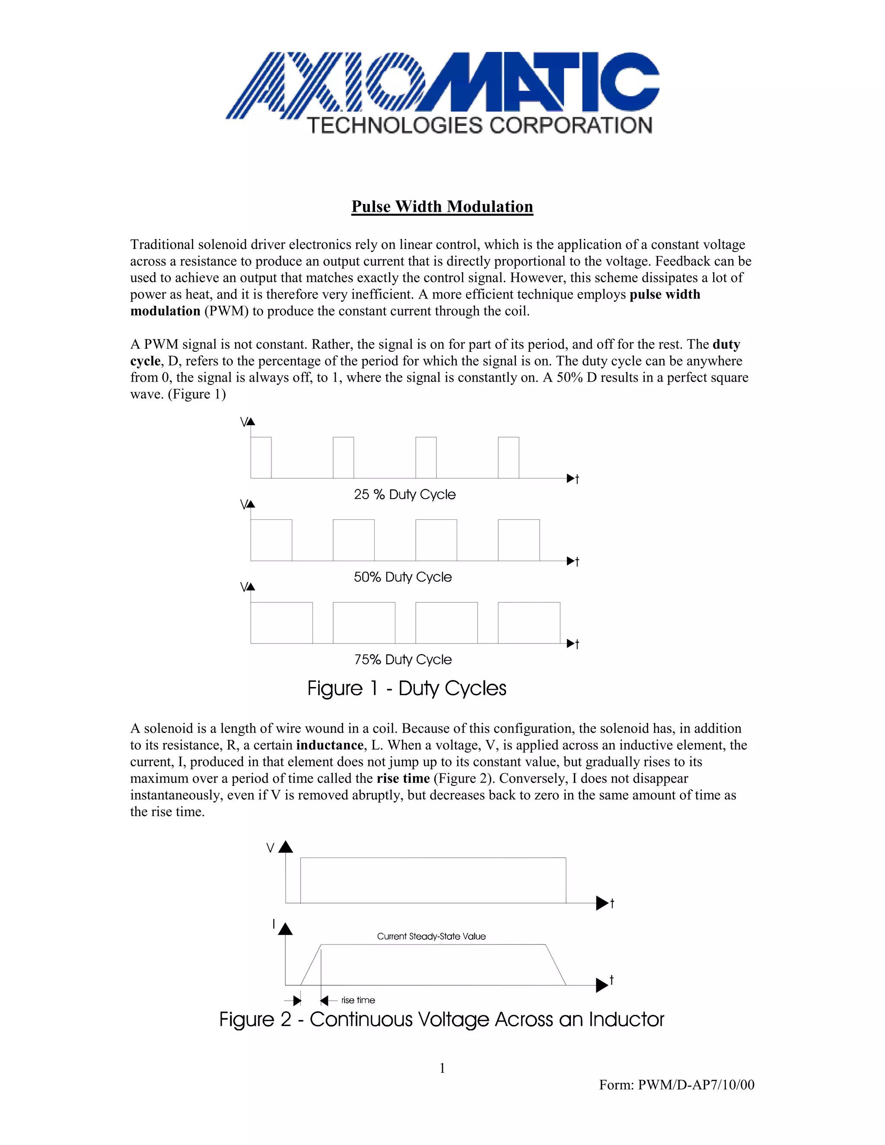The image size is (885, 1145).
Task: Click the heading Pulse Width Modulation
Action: click(x=442, y=207)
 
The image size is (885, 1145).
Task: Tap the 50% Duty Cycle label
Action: click(x=403, y=577)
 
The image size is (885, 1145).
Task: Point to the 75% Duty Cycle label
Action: click(x=403, y=659)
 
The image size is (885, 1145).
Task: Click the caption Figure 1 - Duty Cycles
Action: click(x=407, y=688)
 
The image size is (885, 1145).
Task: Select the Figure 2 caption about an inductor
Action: click(x=442, y=1020)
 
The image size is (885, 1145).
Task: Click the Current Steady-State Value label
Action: click(x=431, y=936)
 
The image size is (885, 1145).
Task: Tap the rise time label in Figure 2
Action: click(x=358, y=1000)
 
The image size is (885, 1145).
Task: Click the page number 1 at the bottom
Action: click(x=442, y=1068)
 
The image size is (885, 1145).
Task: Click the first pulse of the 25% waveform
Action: click(x=261, y=458)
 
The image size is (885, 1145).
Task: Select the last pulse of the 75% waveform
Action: click(x=528, y=623)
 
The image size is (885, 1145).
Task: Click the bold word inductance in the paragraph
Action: click(x=330, y=745)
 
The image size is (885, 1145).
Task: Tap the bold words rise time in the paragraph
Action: click(x=403, y=779)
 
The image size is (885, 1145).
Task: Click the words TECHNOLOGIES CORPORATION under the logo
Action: click(x=480, y=126)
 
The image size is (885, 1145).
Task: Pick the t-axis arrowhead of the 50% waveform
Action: click(x=571, y=561)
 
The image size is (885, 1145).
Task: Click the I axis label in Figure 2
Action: click(x=273, y=924)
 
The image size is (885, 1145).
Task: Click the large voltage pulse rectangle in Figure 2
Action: click(x=433, y=881)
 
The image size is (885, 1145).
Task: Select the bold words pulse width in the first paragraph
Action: click(x=665, y=295)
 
